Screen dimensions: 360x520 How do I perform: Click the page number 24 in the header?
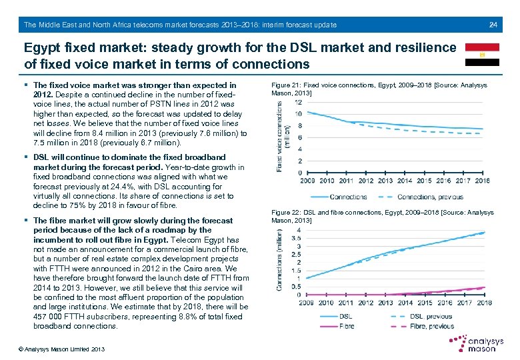[x=493, y=25]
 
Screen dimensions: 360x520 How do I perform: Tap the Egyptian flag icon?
[x=482, y=55]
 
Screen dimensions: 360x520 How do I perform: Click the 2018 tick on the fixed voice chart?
[x=482, y=180]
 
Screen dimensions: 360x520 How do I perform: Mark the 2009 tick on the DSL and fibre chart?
[x=307, y=303]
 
